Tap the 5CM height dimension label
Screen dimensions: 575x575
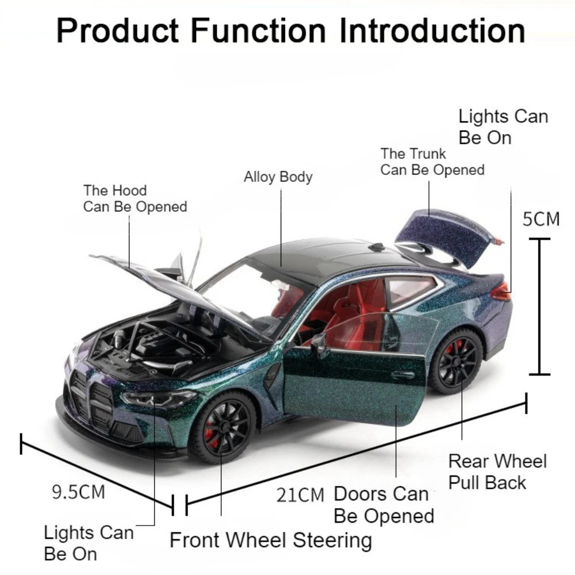point(540,219)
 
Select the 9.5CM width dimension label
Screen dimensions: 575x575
point(79,492)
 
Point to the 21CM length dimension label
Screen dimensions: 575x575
point(300,494)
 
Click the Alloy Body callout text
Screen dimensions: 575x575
point(278,177)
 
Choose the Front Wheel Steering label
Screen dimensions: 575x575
point(270,540)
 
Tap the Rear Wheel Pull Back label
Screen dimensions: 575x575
point(497,471)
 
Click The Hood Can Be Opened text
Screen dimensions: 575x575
point(135,198)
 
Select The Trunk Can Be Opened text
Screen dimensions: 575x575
point(432,162)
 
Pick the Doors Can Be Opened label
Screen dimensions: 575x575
point(384,505)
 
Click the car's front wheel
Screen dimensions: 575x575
point(223,427)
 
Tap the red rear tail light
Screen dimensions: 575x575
point(500,292)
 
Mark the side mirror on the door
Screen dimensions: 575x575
point(319,345)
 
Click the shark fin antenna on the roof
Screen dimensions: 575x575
point(377,247)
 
